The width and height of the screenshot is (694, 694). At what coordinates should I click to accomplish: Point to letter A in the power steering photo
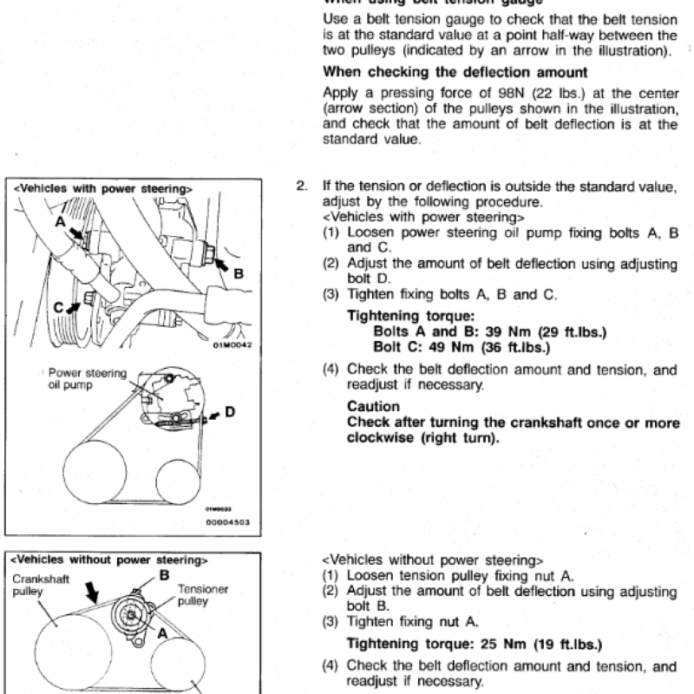point(59,222)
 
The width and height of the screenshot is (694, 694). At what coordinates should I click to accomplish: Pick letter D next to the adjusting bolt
point(231,412)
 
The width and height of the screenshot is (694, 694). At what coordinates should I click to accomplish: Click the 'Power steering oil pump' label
point(88,379)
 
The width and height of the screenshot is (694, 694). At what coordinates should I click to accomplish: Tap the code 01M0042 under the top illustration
point(231,344)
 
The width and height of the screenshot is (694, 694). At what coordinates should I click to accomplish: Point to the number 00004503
point(226,521)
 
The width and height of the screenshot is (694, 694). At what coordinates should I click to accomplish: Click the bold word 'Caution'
point(373,406)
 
